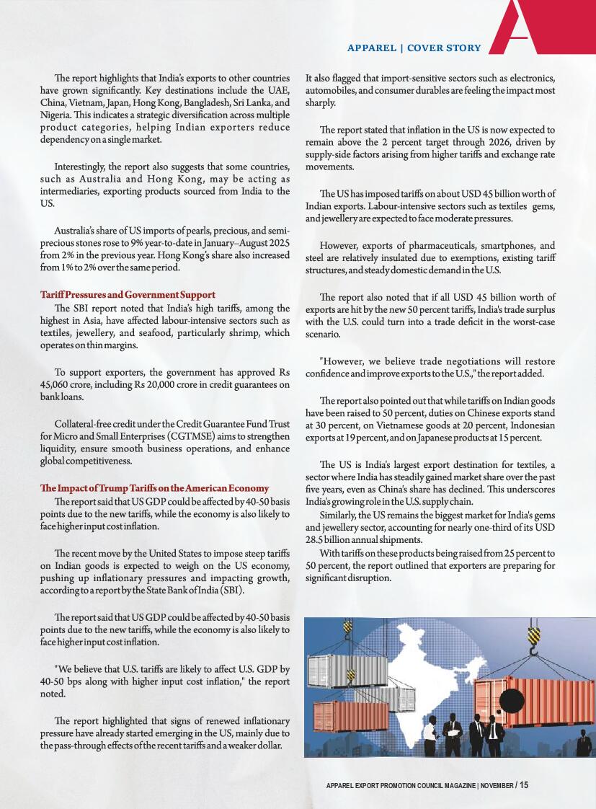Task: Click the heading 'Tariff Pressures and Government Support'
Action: [128, 295]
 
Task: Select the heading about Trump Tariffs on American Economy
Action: [154, 488]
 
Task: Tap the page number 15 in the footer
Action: [523, 784]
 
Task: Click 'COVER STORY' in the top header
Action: [444, 48]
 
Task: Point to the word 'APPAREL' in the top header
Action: [373, 48]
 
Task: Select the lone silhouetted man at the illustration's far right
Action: [582, 743]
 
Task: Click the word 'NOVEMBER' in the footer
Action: [497, 785]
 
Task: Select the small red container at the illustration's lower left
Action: [340, 716]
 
